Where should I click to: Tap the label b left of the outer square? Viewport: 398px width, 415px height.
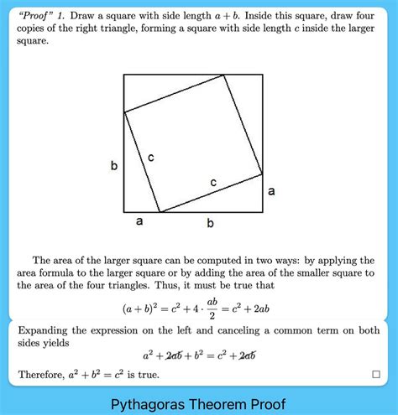point(114,166)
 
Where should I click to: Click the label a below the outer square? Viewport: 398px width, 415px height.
point(139,222)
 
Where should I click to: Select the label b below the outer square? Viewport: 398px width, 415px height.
point(210,223)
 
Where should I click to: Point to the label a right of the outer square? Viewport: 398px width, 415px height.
point(271,191)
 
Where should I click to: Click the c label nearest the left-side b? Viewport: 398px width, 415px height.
point(150,157)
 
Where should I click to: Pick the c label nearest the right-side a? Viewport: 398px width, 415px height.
point(213,182)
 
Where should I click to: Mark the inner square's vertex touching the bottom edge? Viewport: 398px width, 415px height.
point(160,211)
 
